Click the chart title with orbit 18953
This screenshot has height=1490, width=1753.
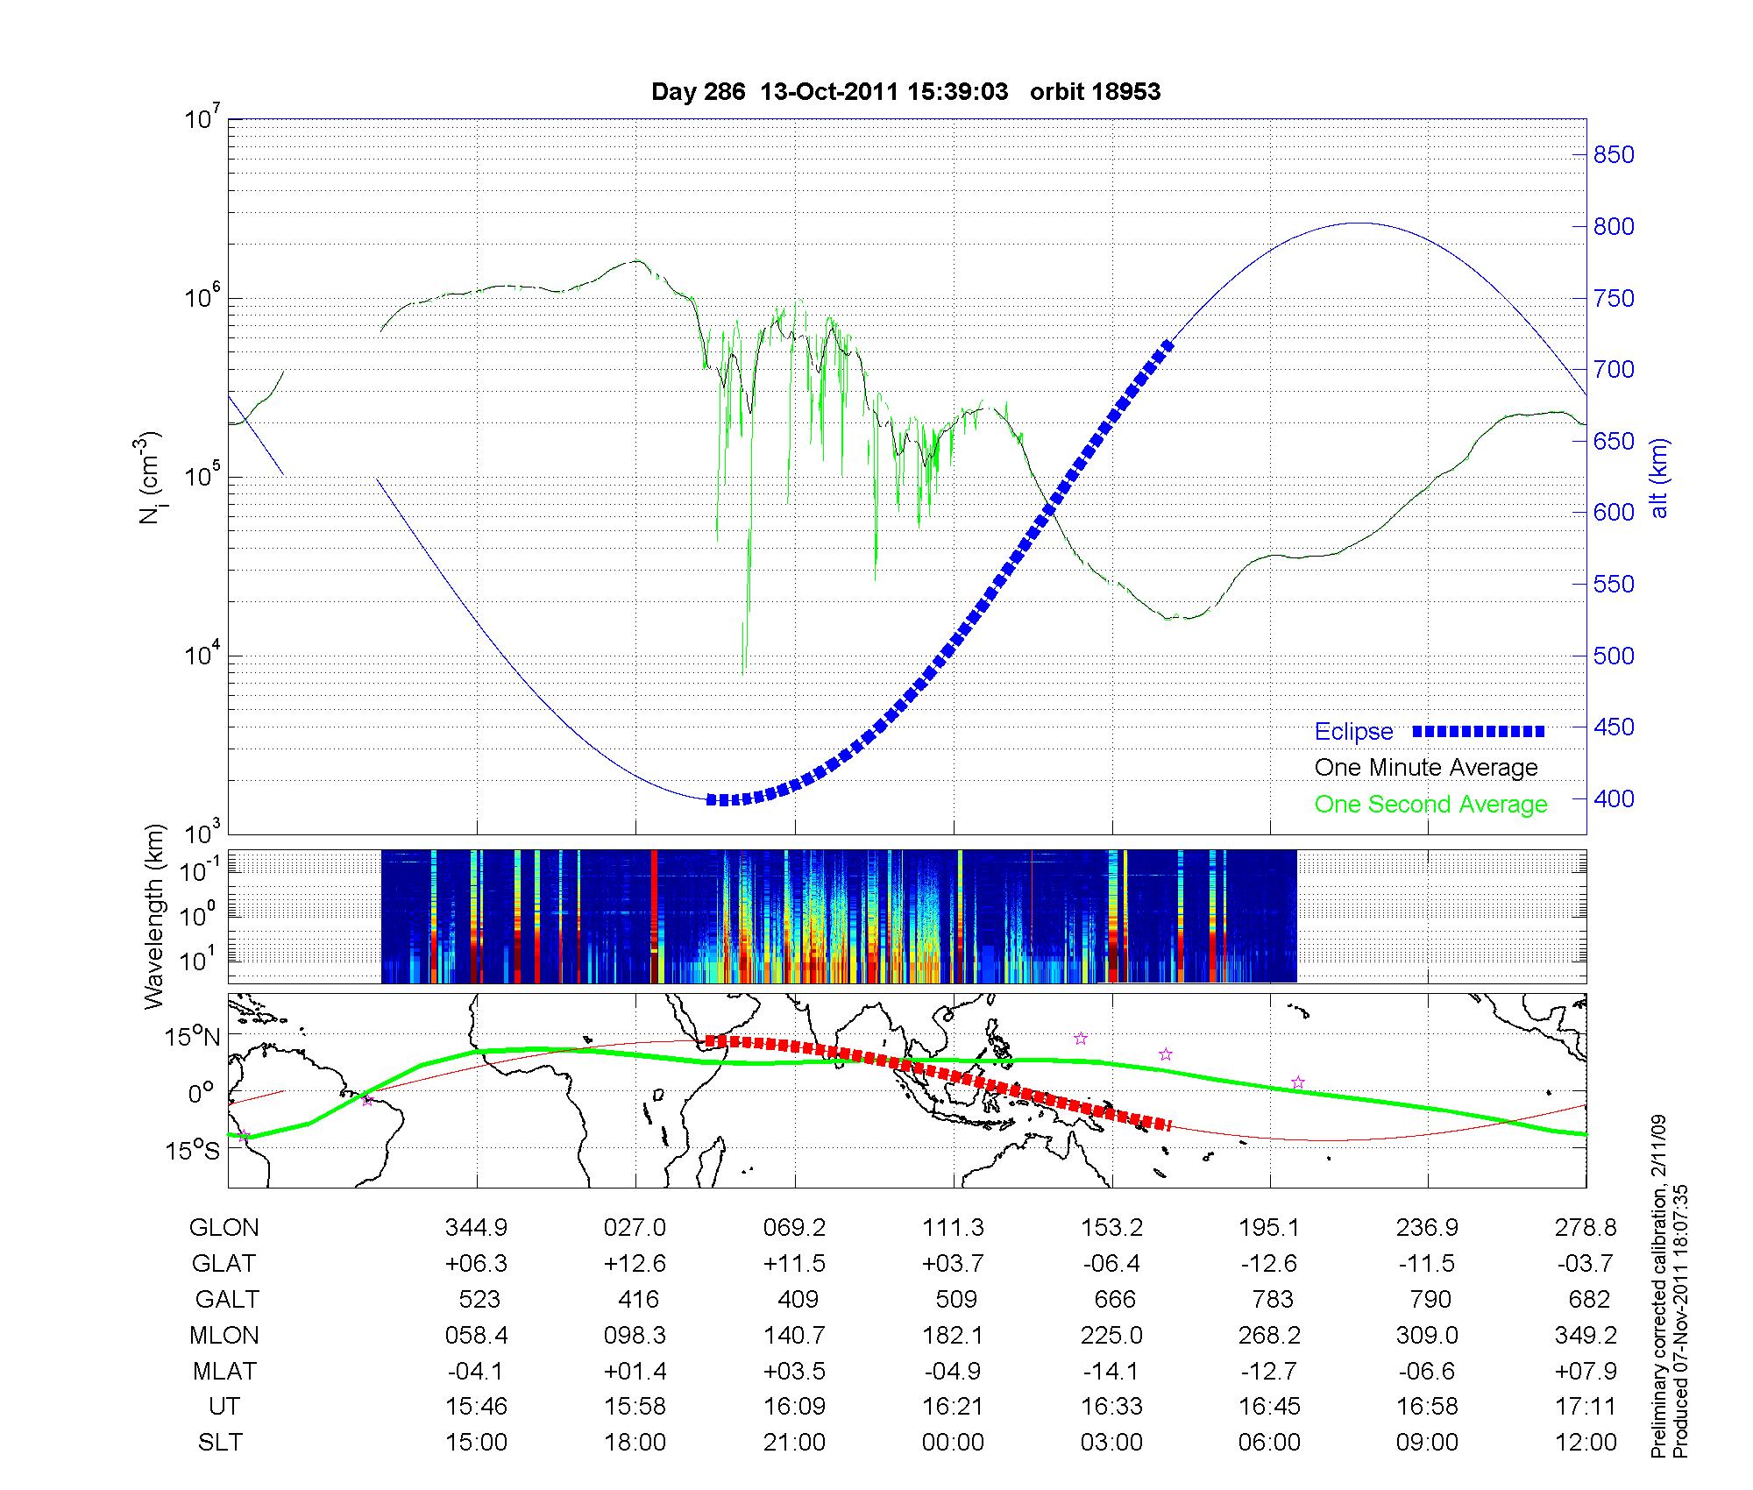click(905, 92)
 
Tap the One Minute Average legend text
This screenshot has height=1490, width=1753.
click(1426, 768)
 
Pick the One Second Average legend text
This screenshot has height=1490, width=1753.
click(1430, 805)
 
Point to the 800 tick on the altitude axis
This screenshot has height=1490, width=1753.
click(1614, 227)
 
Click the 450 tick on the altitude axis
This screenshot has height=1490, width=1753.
click(1614, 727)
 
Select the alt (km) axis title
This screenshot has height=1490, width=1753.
click(1659, 478)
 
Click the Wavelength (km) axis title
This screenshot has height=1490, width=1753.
click(155, 917)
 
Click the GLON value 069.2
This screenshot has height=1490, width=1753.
click(794, 1227)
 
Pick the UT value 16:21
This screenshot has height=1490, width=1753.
click(953, 1407)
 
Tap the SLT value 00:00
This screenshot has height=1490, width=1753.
click(953, 1443)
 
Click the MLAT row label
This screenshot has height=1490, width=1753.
click(224, 1371)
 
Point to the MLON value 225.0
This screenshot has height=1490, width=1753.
click(1112, 1335)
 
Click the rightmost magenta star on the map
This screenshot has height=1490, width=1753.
click(1298, 1082)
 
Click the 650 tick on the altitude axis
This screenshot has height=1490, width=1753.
click(1614, 442)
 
